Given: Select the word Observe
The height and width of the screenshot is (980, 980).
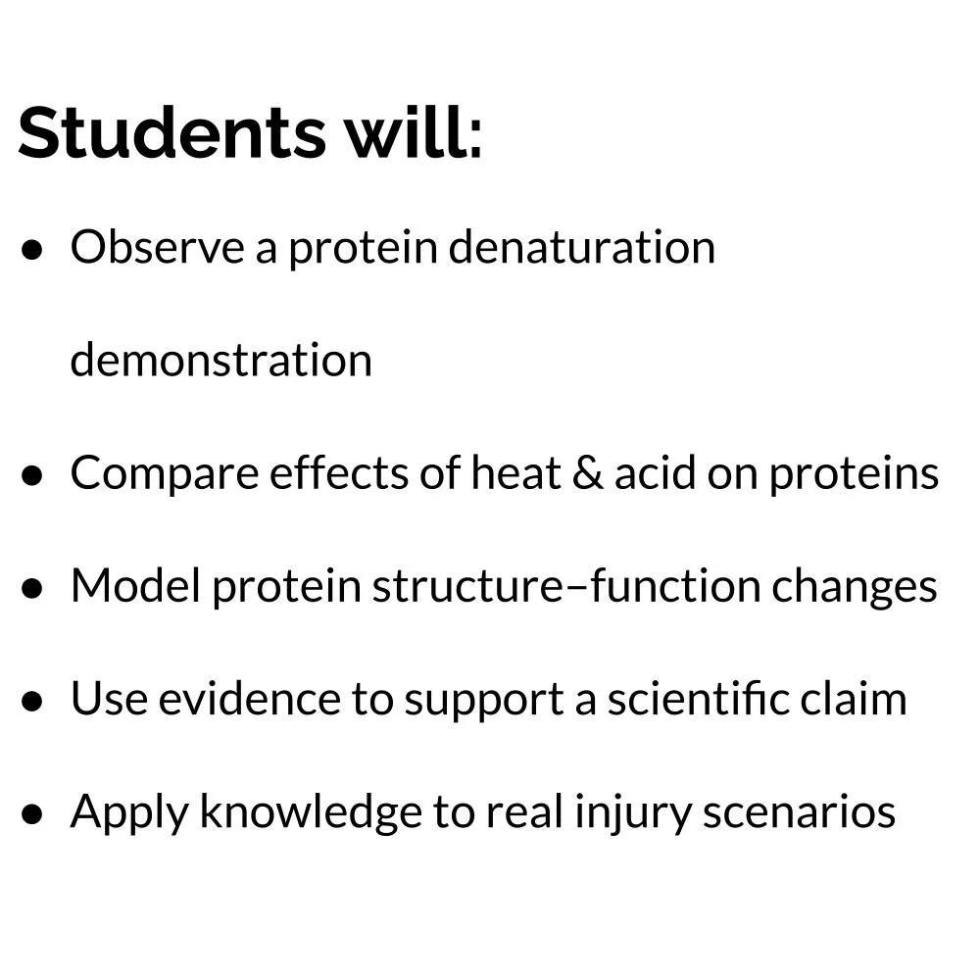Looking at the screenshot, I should [x=156, y=247].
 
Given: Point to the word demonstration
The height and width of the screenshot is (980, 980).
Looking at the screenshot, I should [x=221, y=361].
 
